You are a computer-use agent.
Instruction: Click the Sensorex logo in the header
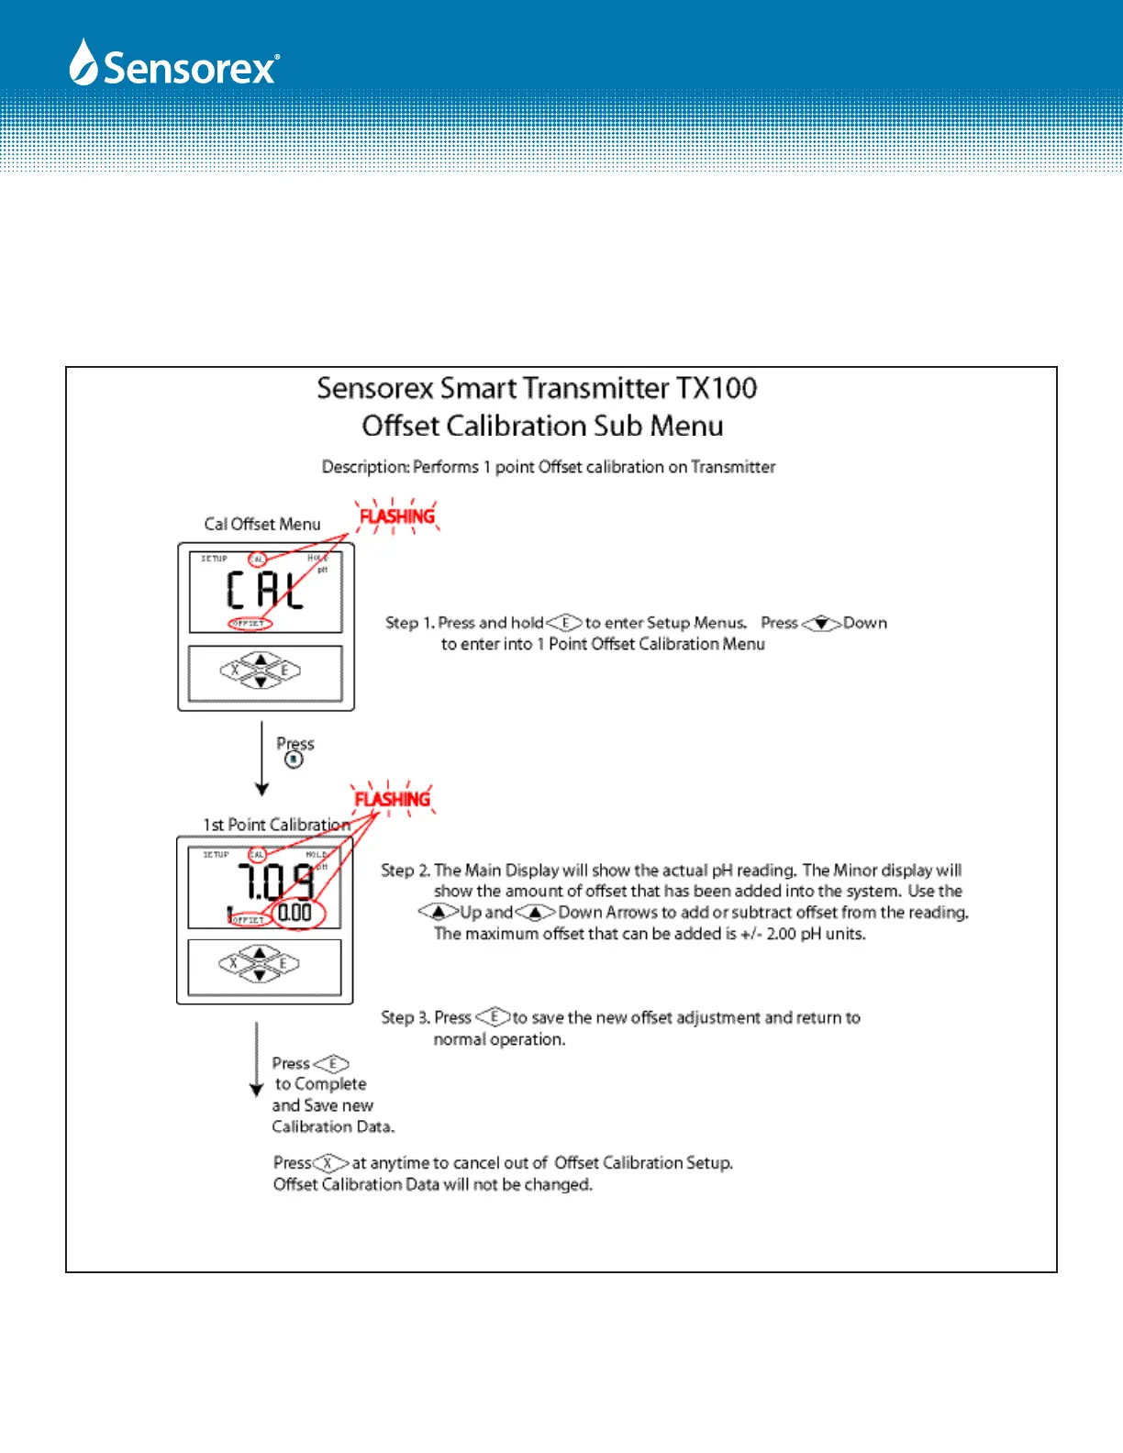174,64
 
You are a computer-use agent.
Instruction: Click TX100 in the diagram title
717,388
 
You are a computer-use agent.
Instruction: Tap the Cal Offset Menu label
262,524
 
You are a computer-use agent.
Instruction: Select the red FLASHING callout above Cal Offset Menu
397,516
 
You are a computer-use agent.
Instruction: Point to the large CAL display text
265,590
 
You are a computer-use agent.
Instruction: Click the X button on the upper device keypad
236,671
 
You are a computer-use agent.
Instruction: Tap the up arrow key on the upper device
261,660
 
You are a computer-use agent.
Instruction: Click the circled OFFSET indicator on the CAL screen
250,624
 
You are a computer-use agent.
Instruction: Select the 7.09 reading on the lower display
276,882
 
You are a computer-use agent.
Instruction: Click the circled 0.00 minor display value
295,913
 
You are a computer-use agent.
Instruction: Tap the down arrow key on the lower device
261,974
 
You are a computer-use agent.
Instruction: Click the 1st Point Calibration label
276,825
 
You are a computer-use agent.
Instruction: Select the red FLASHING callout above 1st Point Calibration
393,799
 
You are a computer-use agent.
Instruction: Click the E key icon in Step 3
494,1016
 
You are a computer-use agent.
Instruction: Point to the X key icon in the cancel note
330,1163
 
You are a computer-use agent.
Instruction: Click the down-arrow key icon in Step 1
821,624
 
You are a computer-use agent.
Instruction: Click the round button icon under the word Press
294,760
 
